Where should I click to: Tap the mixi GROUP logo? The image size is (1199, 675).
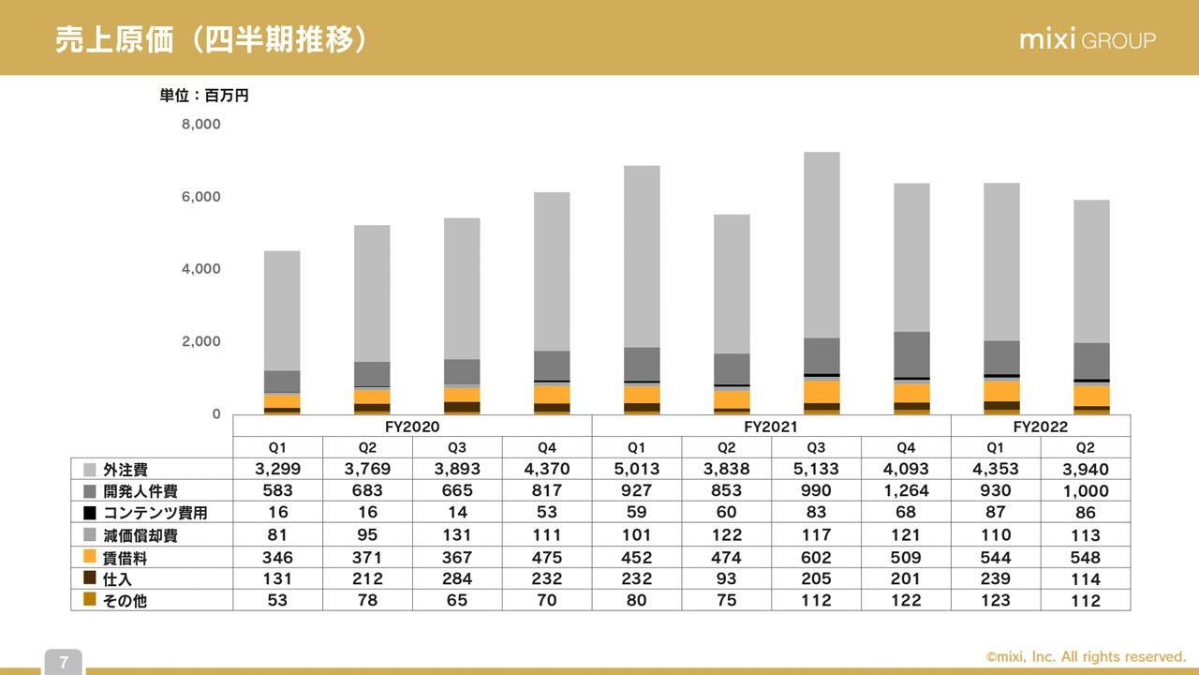click(1087, 40)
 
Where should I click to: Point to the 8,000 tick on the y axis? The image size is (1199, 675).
click(201, 124)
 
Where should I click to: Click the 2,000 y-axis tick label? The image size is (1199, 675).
click(201, 341)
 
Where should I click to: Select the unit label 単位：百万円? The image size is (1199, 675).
click(204, 95)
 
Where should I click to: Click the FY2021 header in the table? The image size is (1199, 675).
click(771, 426)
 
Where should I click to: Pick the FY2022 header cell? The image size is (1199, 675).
click(1040, 426)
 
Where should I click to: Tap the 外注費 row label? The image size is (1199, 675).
click(126, 470)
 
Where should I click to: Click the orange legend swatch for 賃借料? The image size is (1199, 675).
click(90, 557)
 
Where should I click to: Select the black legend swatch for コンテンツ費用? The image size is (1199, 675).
click(90, 513)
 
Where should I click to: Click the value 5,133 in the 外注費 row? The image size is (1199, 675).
click(816, 469)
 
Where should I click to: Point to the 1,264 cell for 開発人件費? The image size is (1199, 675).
click(906, 490)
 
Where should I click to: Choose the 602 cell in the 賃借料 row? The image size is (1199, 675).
click(816, 557)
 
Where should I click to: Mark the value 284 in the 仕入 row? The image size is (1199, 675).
click(457, 578)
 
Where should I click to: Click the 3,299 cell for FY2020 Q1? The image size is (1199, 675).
click(277, 469)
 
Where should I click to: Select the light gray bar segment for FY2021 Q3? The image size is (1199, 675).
click(822, 244)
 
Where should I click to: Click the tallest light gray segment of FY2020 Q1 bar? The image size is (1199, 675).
click(282, 310)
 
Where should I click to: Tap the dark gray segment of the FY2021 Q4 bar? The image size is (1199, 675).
click(911, 354)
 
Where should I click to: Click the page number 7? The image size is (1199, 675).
click(64, 663)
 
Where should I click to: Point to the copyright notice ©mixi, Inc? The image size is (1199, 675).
click(1086, 657)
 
